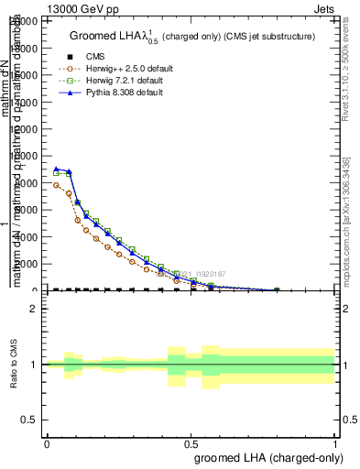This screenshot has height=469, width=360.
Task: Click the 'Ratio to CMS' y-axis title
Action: coord(14,365)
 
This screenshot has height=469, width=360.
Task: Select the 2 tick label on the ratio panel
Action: coord(34,309)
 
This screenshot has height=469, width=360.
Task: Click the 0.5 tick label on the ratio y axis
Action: coord(29,420)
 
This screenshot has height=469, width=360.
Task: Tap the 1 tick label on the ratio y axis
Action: coord(34,365)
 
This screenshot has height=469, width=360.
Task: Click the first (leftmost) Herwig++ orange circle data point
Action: coord(57,185)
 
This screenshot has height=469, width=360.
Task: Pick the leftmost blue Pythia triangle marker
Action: coord(57,169)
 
